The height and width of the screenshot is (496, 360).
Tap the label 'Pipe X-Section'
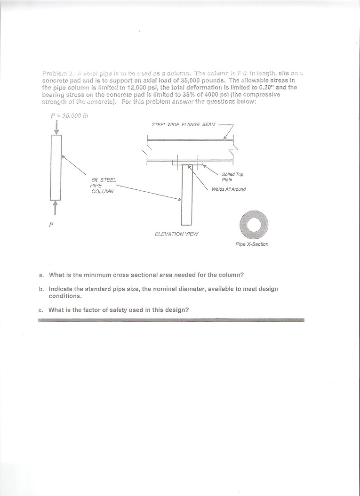click(252, 244)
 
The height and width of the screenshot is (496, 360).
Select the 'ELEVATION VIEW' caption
click(176, 234)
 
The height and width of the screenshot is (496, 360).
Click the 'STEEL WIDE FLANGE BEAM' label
click(183, 124)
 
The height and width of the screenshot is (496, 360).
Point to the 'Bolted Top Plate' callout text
click(232, 177)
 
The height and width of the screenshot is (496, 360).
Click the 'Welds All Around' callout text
click(229, 189)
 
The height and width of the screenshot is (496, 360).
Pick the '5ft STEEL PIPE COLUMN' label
click(103, 186)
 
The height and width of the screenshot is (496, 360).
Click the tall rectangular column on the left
click(56, 167)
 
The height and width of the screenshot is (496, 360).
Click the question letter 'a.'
click(41, 275)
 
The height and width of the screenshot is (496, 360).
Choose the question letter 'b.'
click(41, 289)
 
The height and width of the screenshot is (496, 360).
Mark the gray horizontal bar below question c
click(171, 320)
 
